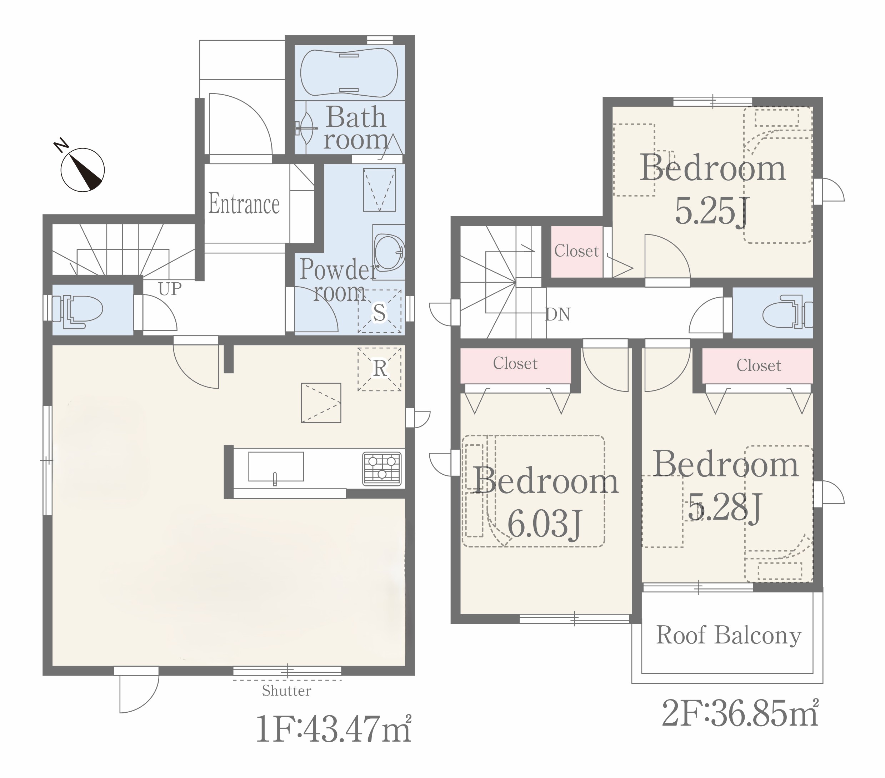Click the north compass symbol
(x=82, y=170)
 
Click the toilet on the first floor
(x=77, y=309)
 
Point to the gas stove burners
(x=382, y=468)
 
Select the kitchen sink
(x=276, y=466)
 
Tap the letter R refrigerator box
(x=380, y=369)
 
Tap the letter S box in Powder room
(x=380, y=312)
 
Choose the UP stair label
(x=170, y=289)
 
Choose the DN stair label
(x=557, y=314)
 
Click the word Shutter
(x=286, y=691)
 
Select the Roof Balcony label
(x=729, y=636)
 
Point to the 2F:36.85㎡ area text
(x=740, y=713)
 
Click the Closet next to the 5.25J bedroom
(x=576, y=251)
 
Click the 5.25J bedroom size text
(x=712, y=212)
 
